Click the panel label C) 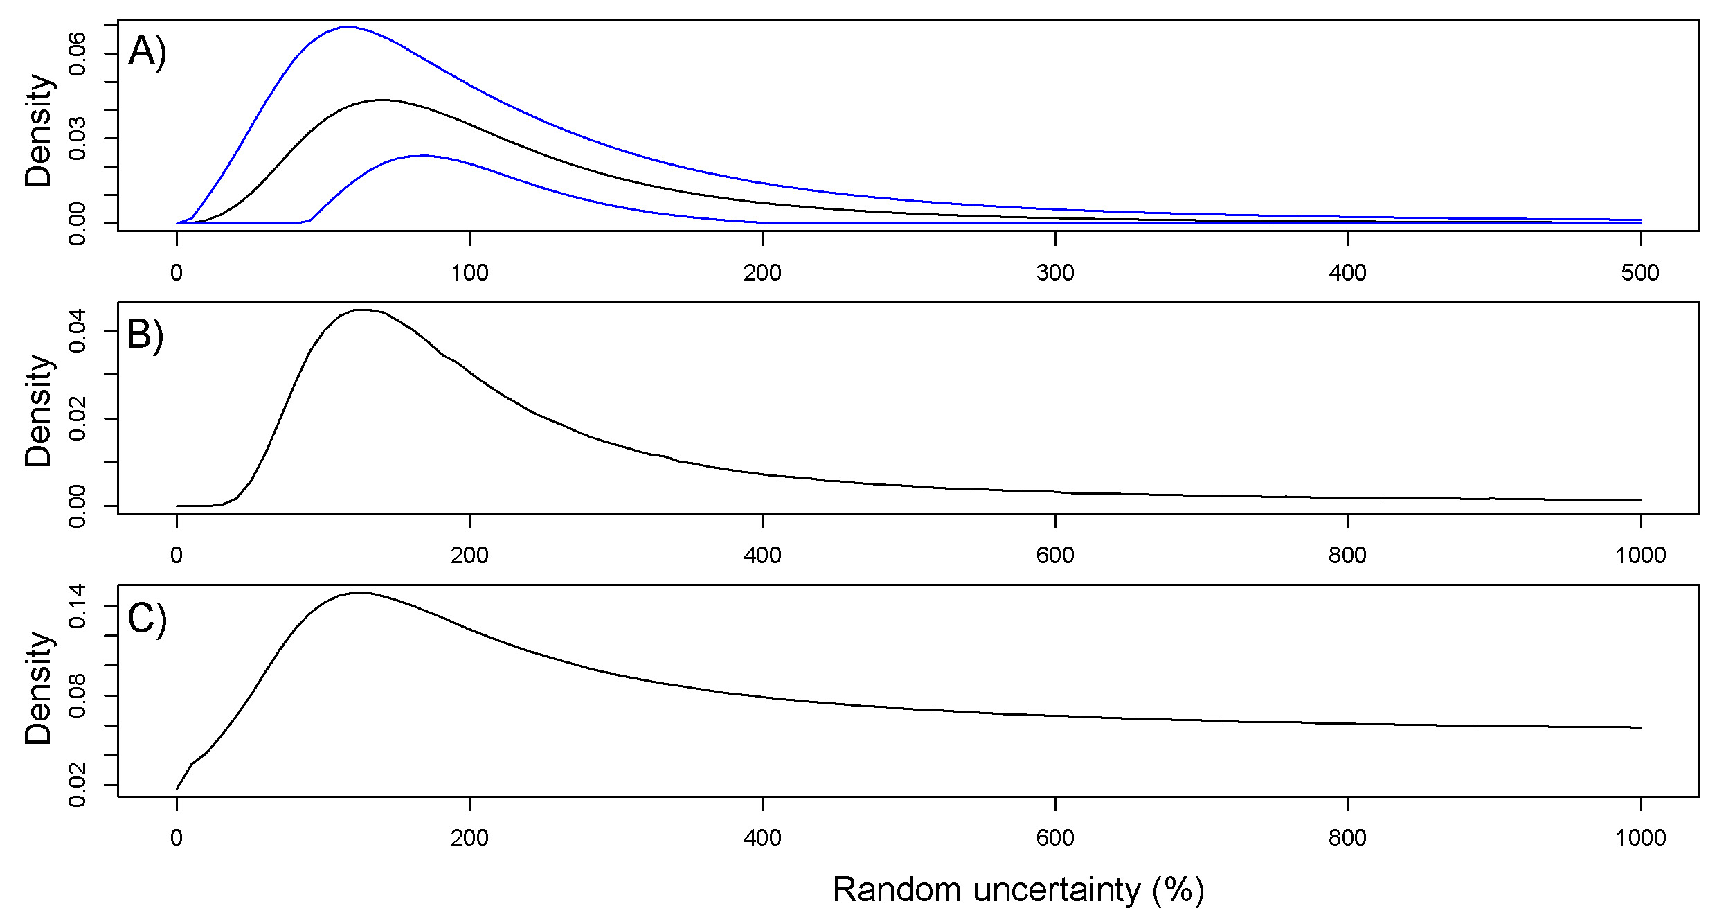click(x=147, y=618)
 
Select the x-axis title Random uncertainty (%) click(x=1018, y=889)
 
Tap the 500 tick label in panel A click(x=1639, y=273)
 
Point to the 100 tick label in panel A click(x=469, y=273)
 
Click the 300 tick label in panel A click(x=1055, y=273)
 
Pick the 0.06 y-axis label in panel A click(x=78, y=54)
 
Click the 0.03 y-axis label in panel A click(x=78, y=139)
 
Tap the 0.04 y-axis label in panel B click(x=78, y=331)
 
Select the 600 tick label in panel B click(x=1055, y=556)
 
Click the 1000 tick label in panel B click(x=1639, y=556)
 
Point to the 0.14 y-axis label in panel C click(x=78, y=606)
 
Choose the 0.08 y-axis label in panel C click(x=78, y=695)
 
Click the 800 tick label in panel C click(x=1347, y=838)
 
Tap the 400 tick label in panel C click(x=762, y=838)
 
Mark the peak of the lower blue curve click(x=422, y=155)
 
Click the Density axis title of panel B click(x=39, y=410)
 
